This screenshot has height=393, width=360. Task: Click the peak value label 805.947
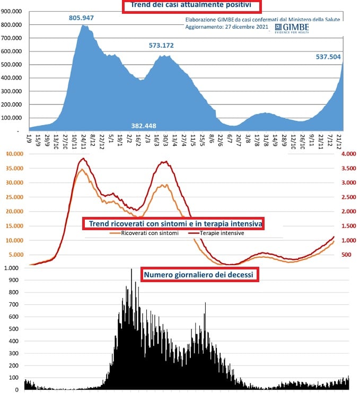[x=81, y=18]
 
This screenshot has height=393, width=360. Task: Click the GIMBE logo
[x=292, y=28]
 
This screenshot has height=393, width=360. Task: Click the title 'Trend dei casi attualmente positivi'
[x=192, y=6]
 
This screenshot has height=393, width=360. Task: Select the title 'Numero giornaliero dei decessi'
[x=199, y=275]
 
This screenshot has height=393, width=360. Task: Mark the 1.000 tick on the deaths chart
[x=11, y=268]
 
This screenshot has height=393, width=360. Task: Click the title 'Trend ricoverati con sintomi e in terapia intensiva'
[x=173, y=224]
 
